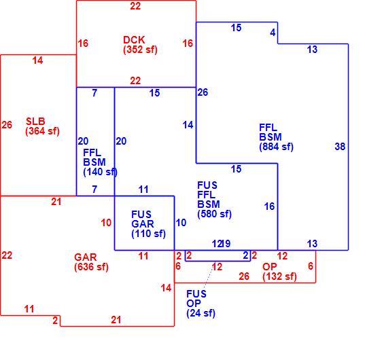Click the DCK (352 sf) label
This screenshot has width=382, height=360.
tap(140, 45)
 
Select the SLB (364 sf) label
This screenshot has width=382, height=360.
tap(42, 126)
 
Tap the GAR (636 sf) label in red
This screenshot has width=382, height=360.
tap(91, 262)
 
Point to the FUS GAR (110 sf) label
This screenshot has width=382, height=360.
tap(148, 224)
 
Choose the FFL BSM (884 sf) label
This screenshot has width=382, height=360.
tap(276, 137)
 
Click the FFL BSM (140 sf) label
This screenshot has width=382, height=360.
tap(100, 162)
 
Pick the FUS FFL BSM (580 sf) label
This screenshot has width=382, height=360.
tap(214, 200)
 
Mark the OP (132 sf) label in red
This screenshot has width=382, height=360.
tap(279, 272)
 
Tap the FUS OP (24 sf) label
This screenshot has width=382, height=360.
tap(201, 304)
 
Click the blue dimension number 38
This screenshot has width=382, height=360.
tap(340, 147)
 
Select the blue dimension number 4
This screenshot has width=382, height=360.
tap(273, 33)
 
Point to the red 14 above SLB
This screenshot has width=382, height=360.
tap(38, 60)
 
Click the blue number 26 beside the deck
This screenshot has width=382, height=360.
tap(203, 92)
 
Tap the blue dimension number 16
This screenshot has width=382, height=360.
tap(269, 206)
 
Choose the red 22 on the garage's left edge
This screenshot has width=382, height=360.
tap(7, 255)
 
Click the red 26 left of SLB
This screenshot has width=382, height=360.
tap(7, 125)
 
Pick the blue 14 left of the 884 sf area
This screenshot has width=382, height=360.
tap(188, 125)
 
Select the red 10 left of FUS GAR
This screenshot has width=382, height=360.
tap(106, 223)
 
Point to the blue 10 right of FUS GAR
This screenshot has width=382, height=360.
tap(181, 223)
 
